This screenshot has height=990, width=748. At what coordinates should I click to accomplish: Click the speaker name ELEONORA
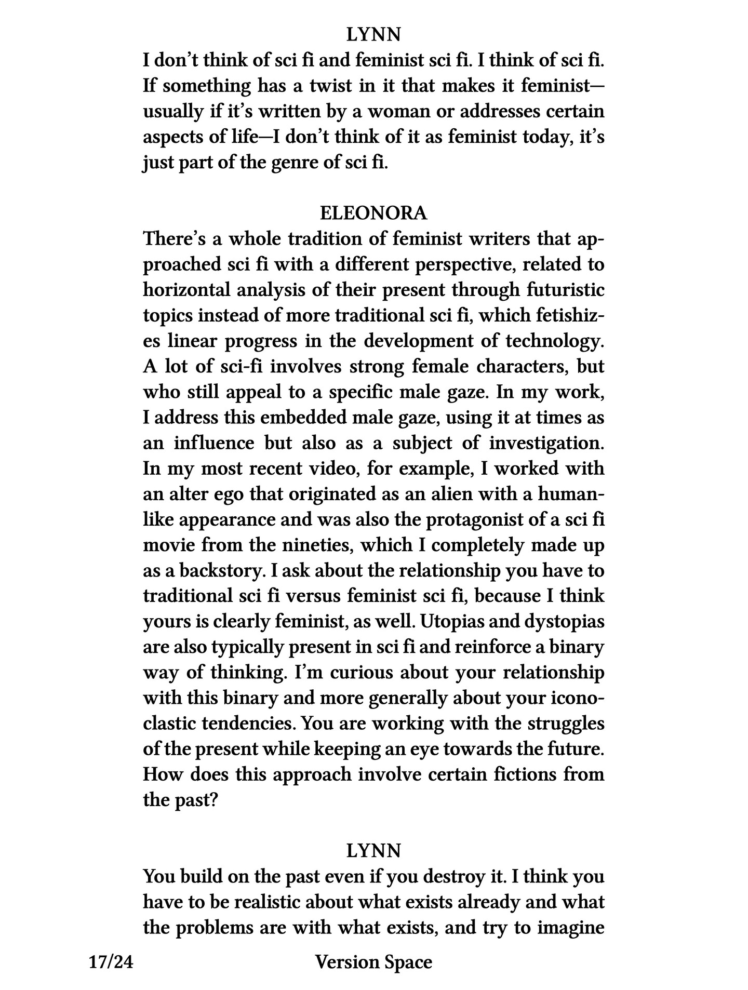[x=373, y=213]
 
